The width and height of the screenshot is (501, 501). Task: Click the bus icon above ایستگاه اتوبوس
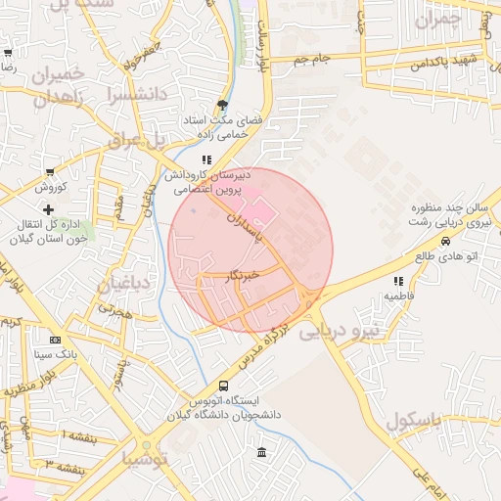pos(224,387)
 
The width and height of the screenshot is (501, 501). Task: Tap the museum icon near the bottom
pos(261,452)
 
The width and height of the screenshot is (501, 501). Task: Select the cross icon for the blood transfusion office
pos(48,209)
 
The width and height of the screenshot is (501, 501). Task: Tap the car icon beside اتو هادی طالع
pos(446,241)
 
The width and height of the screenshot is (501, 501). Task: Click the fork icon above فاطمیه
pos(397,281)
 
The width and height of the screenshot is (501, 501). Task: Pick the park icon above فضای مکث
pos(224,105)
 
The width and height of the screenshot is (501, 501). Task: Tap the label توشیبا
pos(146,458)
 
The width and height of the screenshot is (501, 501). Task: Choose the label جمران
pos(436,20)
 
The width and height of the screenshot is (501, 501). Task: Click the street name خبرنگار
pos(240,278)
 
